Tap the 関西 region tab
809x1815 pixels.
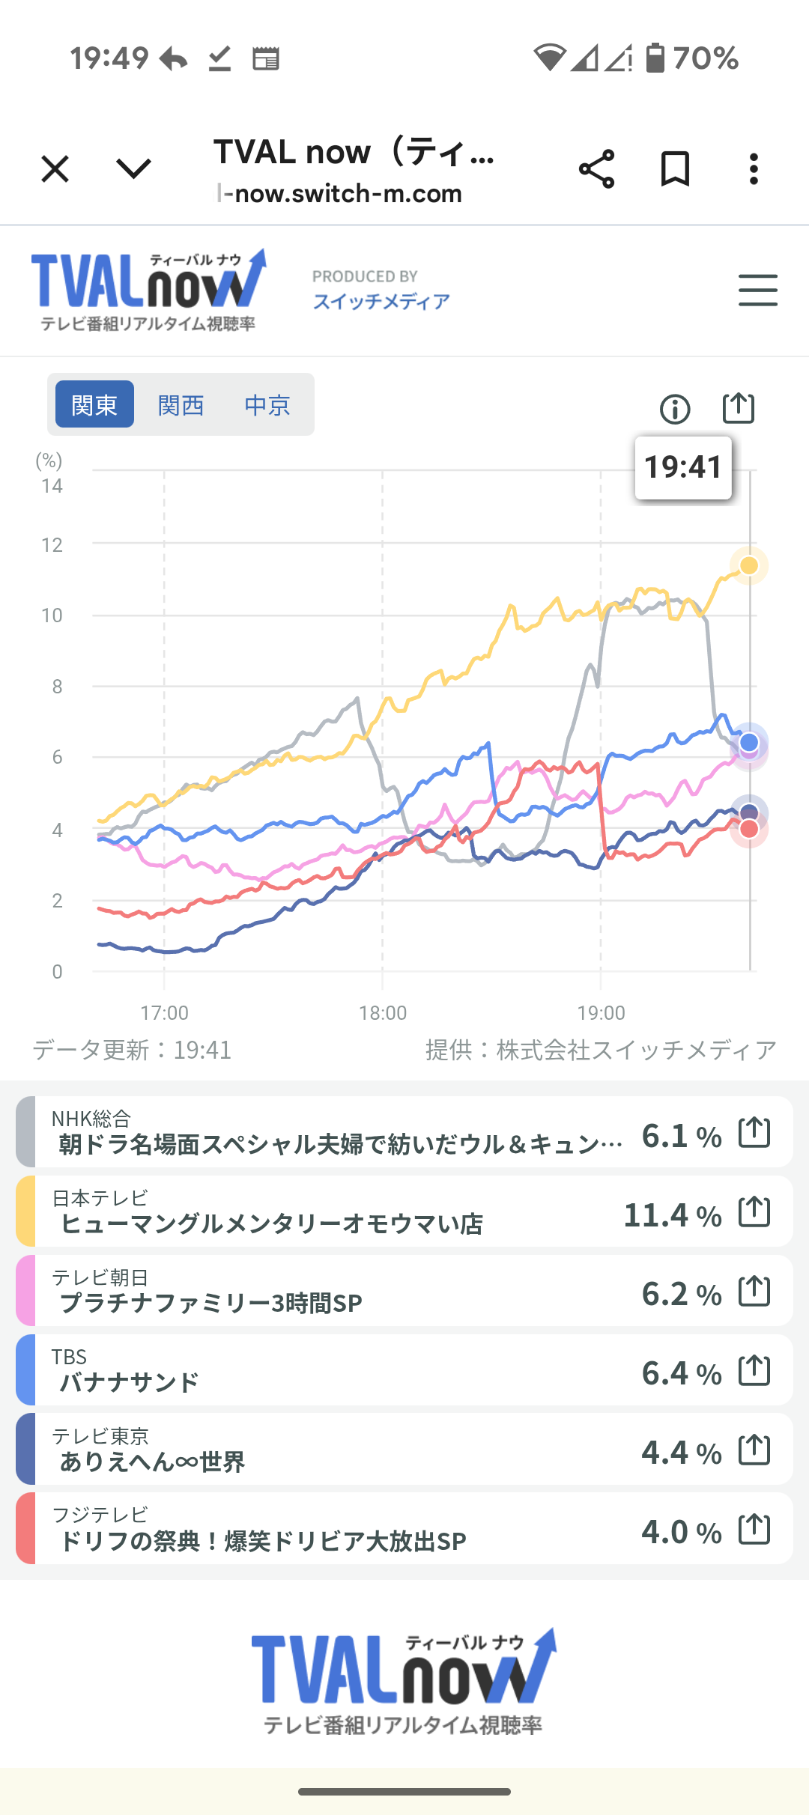coord(181,405)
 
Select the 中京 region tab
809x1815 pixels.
coord(267,405)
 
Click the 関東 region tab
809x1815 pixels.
coord(94,405)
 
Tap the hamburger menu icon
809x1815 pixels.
coord(757,290)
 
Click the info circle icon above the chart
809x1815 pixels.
coord(675,409)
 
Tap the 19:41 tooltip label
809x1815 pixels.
coord(682,467)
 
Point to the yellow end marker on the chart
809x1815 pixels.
coord(749,565)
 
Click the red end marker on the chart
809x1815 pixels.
coord(749,829)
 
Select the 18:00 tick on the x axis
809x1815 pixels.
coord(383,1013)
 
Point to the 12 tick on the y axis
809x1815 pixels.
coord(52,545)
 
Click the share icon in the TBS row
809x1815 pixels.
coord(754,1370)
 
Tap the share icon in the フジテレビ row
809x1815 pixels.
coord(754,1529)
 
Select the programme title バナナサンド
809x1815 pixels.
coord(130,1382)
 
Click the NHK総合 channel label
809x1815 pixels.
coord(91,1119)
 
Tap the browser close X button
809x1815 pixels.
coord(55,169)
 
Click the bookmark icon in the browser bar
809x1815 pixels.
coord(675,169)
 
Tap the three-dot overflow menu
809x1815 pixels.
coord(754,169)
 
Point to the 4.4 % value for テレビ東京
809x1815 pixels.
coord(681,1453)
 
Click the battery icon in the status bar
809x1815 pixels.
coord(655,58)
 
